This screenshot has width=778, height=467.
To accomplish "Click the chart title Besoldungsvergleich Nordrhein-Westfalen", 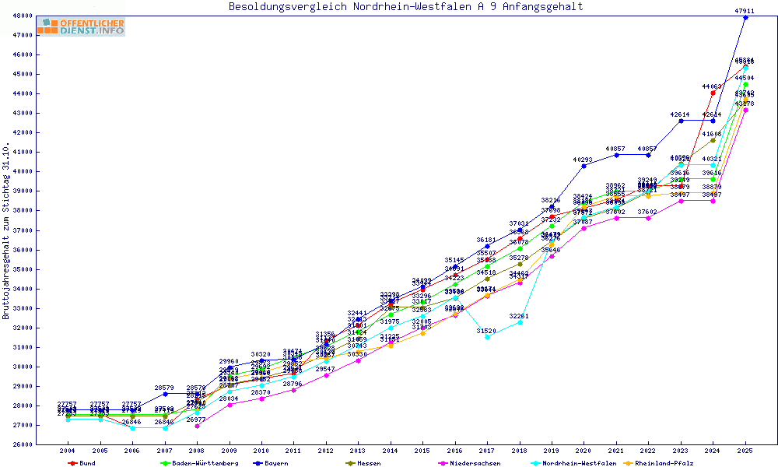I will coord(405,7).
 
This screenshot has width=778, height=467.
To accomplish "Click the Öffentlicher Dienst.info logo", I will coord(81,27).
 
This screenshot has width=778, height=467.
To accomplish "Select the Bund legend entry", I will coord(82,463).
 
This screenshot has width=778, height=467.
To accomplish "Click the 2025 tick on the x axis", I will coord(745,451).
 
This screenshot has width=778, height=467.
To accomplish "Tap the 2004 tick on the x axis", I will coord(68,451).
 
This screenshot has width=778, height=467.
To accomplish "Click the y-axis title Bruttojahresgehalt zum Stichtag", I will coord(7,231).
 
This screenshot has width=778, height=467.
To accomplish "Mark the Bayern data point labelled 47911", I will coord(745,17).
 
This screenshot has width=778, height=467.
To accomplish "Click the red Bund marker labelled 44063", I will coord(713,93).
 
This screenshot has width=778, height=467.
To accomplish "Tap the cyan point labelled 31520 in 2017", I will coord(487,337).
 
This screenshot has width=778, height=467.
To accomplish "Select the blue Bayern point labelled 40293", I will coord(583,166).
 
